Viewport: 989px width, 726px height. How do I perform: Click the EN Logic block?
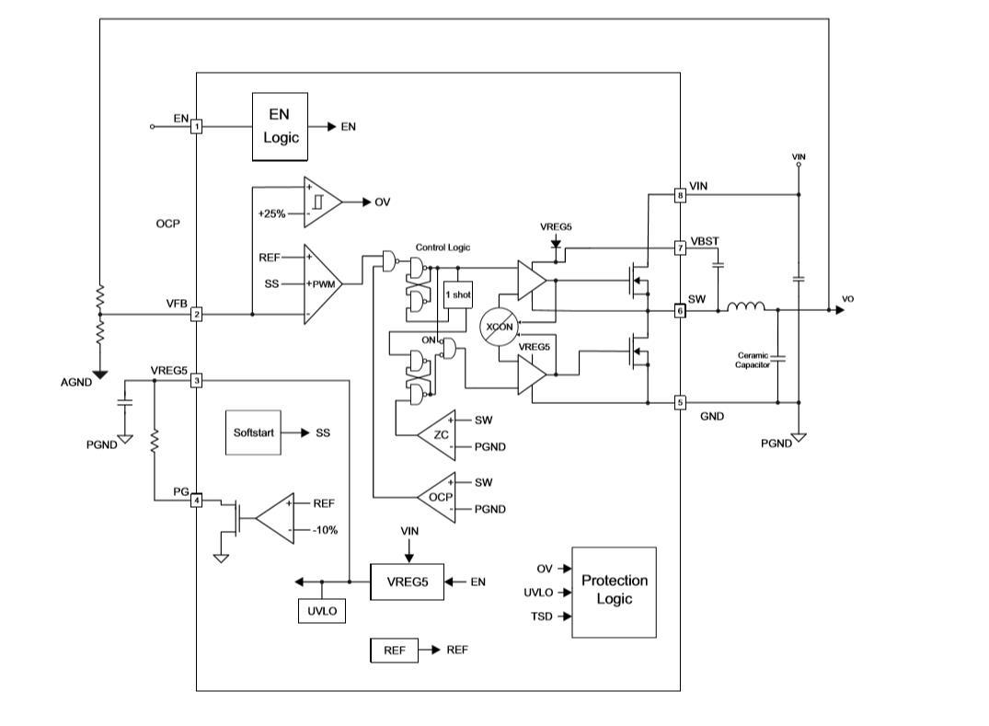pos(281,127)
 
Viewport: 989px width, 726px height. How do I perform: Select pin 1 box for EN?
pos(196,127)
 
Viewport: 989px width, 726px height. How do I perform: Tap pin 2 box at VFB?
pos(196,314)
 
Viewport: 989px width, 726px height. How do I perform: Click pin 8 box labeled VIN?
pos(681,195)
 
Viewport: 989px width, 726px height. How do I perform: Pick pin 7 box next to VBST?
pos(681,248)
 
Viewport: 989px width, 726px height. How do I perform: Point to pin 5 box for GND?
pos(681,402)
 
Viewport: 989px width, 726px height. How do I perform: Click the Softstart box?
pos(253,432)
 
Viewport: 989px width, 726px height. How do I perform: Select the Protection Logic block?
pos(614,592)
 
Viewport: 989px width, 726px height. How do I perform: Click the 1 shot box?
pos(457,294)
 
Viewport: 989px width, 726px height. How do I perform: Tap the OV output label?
pos(382,202)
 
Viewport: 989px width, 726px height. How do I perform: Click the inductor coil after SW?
pos(746,307)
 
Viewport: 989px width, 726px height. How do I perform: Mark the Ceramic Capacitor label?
pos(753,360)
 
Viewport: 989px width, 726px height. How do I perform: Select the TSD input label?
pos(542,617)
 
